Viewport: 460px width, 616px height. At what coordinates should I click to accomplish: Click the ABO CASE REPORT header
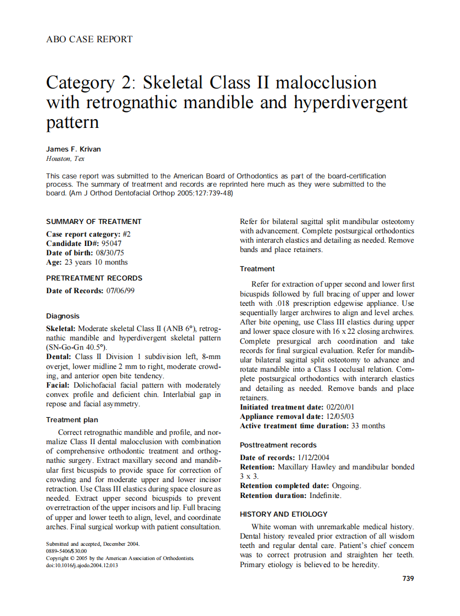click(x=89, y=39)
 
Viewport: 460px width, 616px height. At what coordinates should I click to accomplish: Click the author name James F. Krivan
click(x=73, y=149)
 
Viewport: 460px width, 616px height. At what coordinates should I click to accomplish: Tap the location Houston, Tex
click(x=65, y=159)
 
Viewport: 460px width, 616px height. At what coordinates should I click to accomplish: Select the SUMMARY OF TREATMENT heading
click(x=94, y=222)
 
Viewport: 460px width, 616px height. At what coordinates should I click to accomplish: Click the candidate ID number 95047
click(x=112, y=243)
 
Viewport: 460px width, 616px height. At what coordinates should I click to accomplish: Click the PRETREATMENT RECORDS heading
click(x=94, y=278)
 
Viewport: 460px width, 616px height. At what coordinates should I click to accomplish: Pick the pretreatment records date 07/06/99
click(x=120, y=291)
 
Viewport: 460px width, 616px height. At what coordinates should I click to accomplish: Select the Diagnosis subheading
click(x=63, y=316)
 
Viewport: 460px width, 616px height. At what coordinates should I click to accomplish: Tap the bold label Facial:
click(x=57, y=385)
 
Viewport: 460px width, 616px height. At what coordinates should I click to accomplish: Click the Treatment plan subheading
click(x=72, y=420)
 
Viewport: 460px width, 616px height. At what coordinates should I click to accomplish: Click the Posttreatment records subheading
click(x=278, y=445)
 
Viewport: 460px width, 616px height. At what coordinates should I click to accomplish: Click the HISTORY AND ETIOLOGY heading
click(x=283, y=514)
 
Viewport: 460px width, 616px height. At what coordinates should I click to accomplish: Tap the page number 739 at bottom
click(x=408, y=578)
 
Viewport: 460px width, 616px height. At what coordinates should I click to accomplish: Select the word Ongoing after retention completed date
click(x=346, y=486)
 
